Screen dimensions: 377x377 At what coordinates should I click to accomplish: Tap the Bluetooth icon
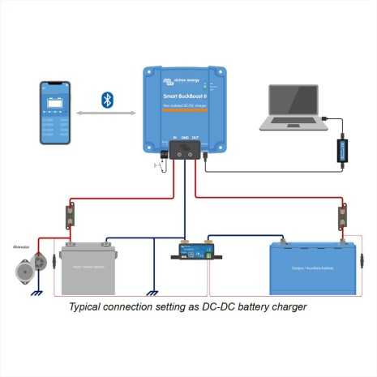106,100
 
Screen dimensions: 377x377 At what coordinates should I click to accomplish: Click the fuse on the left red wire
71,217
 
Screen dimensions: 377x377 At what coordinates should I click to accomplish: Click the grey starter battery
89,268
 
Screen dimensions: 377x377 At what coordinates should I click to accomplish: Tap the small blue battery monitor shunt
194,251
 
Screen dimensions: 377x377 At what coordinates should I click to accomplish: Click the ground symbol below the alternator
36,294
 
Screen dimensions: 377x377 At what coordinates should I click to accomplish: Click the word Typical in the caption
87,308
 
